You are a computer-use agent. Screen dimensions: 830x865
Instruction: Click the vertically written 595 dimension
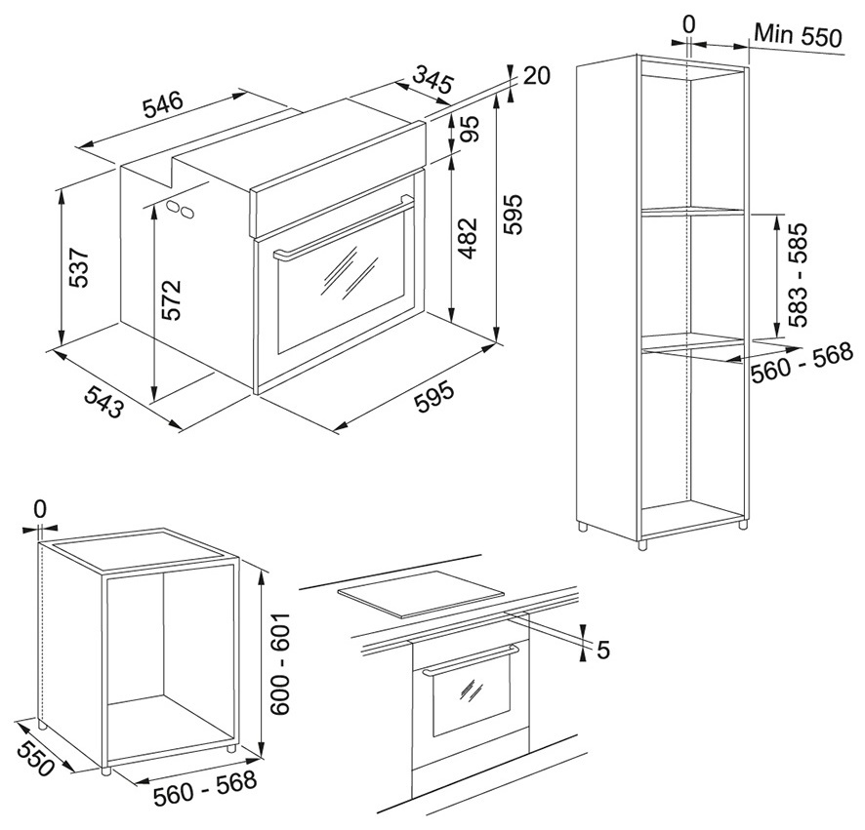pyautogui.click(x=514, y=214)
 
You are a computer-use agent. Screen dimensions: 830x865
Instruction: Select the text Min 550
pyautogui.click(x=796, y=38)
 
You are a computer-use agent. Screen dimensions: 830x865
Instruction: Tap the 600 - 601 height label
pyautogui.click(x=281, y=665)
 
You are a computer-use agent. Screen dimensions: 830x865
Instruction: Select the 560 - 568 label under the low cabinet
pyautogui.click(x=205, y=783)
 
